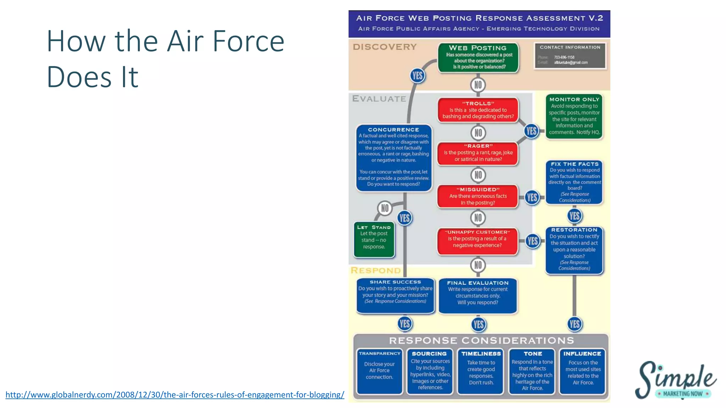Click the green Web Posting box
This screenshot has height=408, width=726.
click(x=478, y=57)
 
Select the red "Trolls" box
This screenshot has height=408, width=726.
click(x=478, y=110)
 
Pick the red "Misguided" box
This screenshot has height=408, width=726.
click(x=478, y=196)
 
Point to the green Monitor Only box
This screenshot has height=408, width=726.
click(x=574, y=116)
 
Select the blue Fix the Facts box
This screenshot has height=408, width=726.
click(x=574, y=182)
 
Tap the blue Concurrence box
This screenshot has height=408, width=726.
click(x=393, y=158)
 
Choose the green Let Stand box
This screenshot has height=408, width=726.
click(x=374, y=239)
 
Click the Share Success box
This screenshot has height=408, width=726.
click(x=395, y=295)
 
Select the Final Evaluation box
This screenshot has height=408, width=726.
click(x=478, y=295)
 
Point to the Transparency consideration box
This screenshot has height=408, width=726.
click(x=379, y=371)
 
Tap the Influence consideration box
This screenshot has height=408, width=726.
click(x=582, y=371)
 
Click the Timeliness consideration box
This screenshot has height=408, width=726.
click(x=481, y=371)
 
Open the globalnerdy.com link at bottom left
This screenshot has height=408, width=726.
click(x=175, y=395)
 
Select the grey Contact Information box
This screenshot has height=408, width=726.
click(x=570, y=56)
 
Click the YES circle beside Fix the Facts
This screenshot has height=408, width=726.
click(x=532, y=197)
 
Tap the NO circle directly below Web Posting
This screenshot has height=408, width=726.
click(x=478, y=85)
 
